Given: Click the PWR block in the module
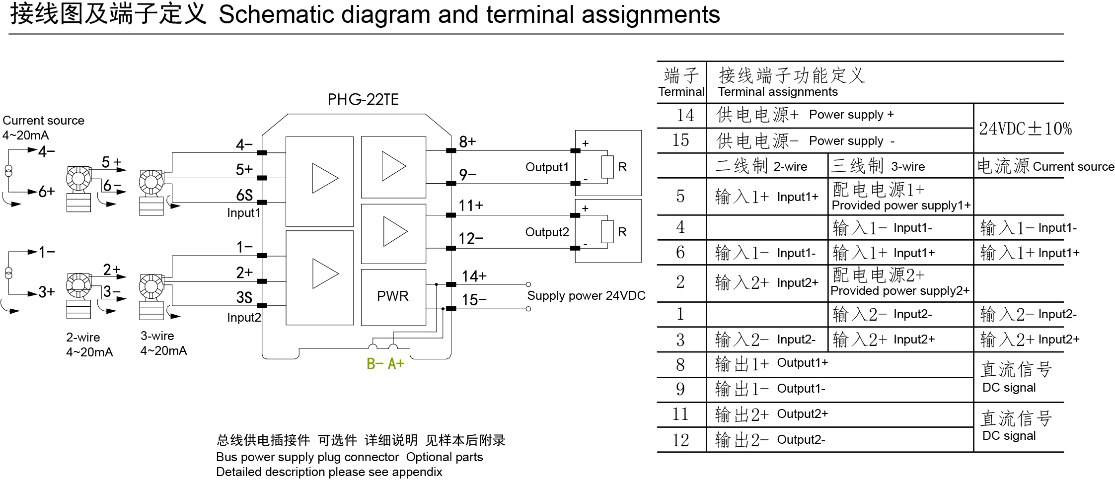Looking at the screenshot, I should click(x=393, y=296).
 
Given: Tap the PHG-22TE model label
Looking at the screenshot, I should click(x=363, y=100).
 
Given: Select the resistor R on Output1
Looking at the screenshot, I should click(x=607, y=167).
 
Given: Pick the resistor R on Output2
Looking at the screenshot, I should click(x=607, y=231).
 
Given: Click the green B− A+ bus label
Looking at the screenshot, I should click(x=385, y=364).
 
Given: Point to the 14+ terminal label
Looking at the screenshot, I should click(x=474, y=276).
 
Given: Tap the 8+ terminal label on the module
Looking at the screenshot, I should click(x=467, y=142).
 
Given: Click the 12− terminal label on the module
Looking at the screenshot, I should click(x=470, y=239).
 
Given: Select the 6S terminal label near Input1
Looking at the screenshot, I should click(x=244, y=195).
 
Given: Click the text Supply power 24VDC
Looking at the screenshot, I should click(x=586, y=296).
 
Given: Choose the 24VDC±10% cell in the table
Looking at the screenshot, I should click(x=1025, y=129).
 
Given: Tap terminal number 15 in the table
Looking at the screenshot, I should click(x=680, y=140).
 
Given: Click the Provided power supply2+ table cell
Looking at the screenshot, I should click(x=900, y=283).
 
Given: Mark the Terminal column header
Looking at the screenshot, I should click(x=681, y=83).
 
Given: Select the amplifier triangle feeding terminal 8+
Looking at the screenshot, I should click(x=394, y=166).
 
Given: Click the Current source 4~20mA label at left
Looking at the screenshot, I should click(x=43, y=128).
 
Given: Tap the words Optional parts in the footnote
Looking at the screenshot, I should click(x=445, y=457).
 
